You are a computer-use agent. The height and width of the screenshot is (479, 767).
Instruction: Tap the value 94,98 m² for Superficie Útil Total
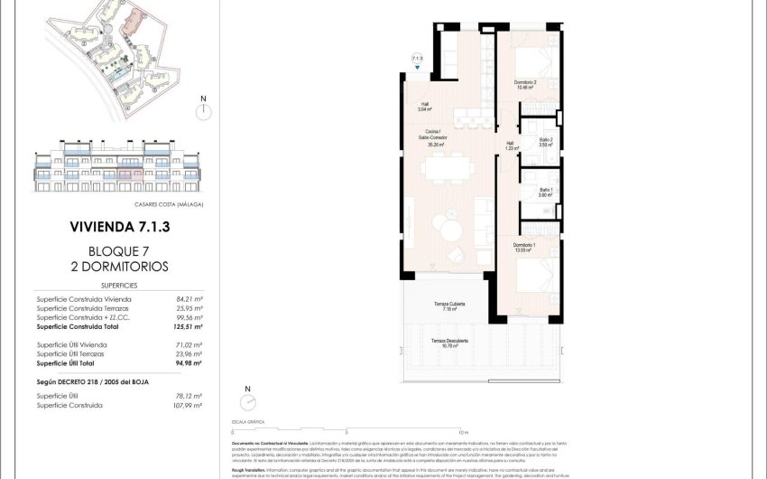pyautogui.click(x=188, y=364)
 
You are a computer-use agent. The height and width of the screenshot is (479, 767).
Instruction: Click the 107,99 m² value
pyautogui.click(x=188, y=406)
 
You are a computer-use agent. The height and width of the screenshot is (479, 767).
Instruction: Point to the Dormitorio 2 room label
pyautogui.click(x=526, y=85)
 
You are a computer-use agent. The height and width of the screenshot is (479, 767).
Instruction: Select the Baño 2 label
pyautogui.click(x=546, y=141)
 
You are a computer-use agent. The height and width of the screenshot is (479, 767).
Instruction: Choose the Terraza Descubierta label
pyautogui.click(x=449, y=341)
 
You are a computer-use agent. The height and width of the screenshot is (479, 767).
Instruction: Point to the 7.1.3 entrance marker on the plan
pyautogui.click(x=417, y=60)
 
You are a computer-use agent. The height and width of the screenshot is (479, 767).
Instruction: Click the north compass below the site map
pyautogui.click(x=205, y=108)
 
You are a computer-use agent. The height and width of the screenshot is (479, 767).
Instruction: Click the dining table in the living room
pyautogui.click(x=443, y=169)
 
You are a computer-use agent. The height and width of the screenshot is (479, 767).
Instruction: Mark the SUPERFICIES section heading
pyautogui.click(x=119, y=283)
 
